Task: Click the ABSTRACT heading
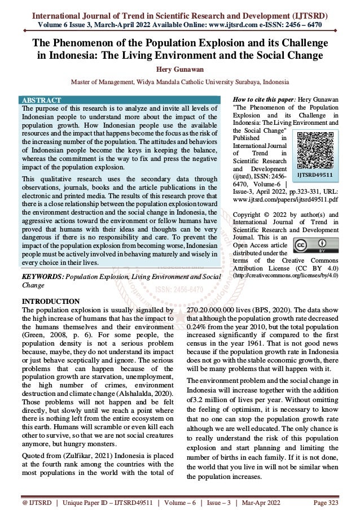pyautogui.click(x=40, y=100)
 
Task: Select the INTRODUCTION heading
pyautogui.click(x=50, y=300)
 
